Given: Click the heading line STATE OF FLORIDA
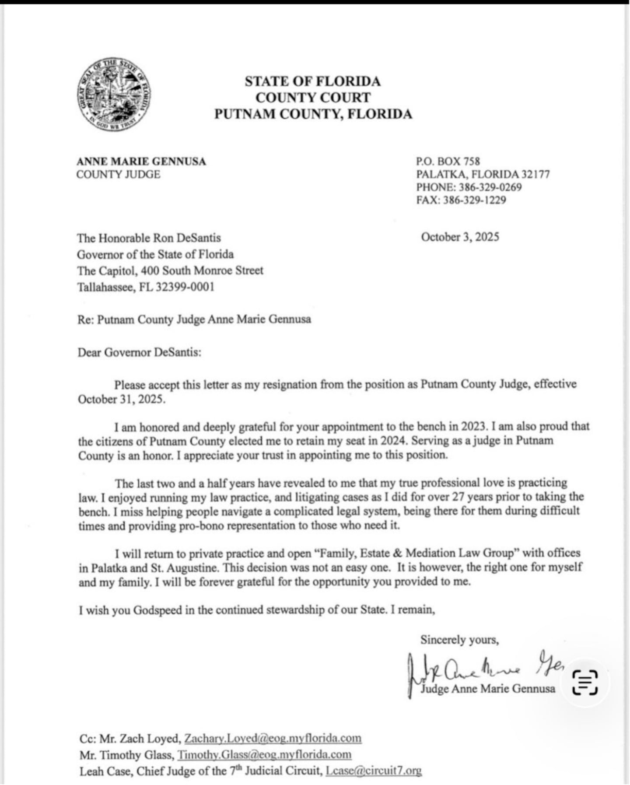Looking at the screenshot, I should pyautogui.click(x=312, y=81).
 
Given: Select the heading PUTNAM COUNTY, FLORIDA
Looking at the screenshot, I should pyautogui.click(x=313, y=114).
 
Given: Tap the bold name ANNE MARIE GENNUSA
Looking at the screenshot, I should pyautogui.click(x=141, y=162).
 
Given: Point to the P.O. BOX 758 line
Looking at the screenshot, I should pyautogui.click(x=448, y=162).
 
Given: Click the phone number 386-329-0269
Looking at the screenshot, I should pyautogui.click(x=490, y=187).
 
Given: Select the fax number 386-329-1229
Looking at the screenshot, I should pyautogui.click(x=474, y=201).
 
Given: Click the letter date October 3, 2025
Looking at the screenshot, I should pyautogui.click(x=460, y=237).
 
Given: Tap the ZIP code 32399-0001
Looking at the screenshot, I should pyautogui.click(x=185, y=287).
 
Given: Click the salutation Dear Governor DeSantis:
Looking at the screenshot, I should pyautogui.click(x=140, y=352).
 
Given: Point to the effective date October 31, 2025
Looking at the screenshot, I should pyautogui.click(x=121, y=399).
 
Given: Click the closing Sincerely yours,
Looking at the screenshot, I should pyautogui.click(x=459, y=640).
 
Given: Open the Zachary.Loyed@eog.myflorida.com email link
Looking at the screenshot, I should pyautogui.click(x=273, y=738).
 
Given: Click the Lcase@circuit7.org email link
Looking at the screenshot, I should pyautogui.click(x=374, y=771).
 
